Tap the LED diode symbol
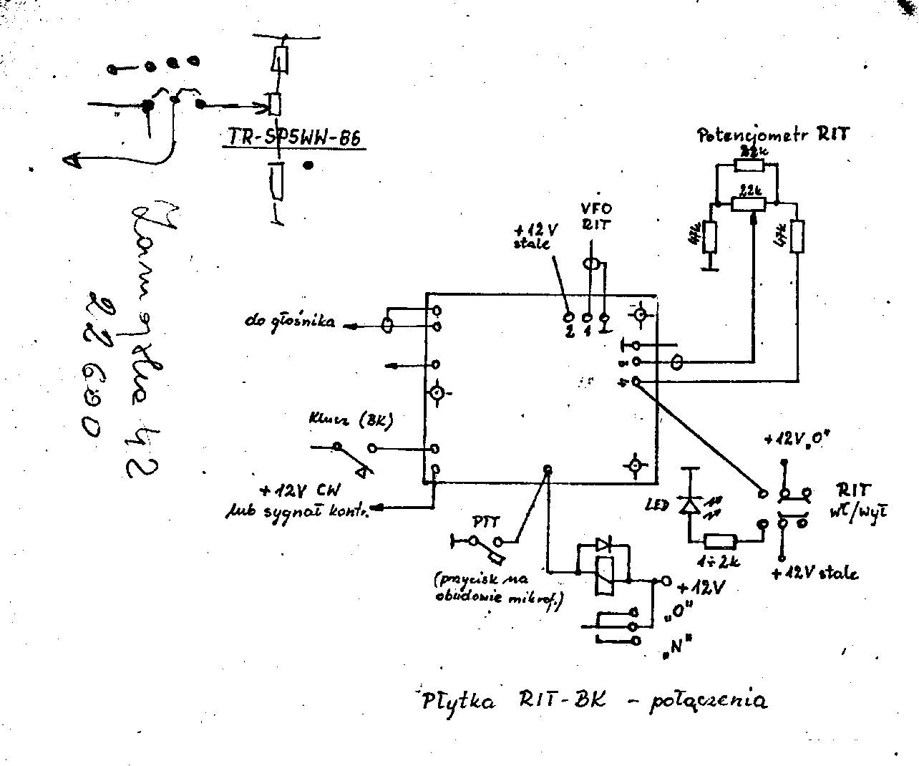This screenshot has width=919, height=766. (x=689, y=504)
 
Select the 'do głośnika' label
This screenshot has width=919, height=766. (x=288, y=322)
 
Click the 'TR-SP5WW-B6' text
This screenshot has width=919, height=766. (x=293, y=137)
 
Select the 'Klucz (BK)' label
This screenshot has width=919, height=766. (x=351, y=421)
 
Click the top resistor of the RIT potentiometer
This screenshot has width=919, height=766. (x=749, y=165)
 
